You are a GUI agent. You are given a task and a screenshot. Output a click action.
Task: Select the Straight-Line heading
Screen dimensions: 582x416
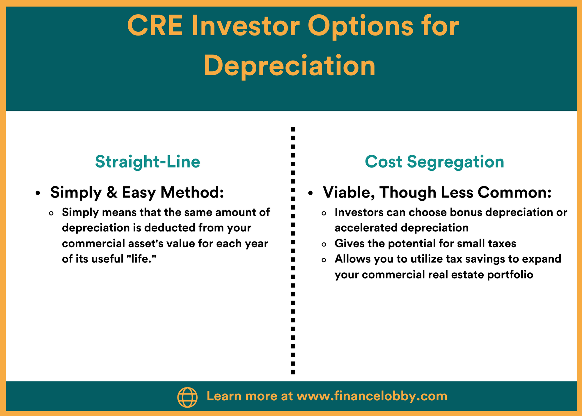pyautogui.click(x=148, y=162)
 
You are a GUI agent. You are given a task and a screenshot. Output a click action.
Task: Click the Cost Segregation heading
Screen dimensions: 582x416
pyautogui.click(x=434, y=162)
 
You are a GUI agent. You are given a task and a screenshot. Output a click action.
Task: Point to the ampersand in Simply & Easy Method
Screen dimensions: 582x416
pyautogui.click(x=112, y=192)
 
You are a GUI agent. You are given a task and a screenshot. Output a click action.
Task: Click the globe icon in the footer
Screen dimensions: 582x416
pyautogui.click(x=187, y=397)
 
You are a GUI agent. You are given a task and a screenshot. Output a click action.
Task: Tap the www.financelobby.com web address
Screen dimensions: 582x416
pyautogui.click(x=372, y=396)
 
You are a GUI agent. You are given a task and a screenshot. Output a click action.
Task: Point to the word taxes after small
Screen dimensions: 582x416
pyautogui.click(x=501, y=243)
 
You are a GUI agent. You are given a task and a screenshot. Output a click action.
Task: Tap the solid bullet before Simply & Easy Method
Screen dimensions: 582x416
pyautogui.click(x=38, y=193)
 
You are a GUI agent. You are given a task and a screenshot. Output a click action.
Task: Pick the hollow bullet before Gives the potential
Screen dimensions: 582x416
pyautogui.click(x=324, y=244)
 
